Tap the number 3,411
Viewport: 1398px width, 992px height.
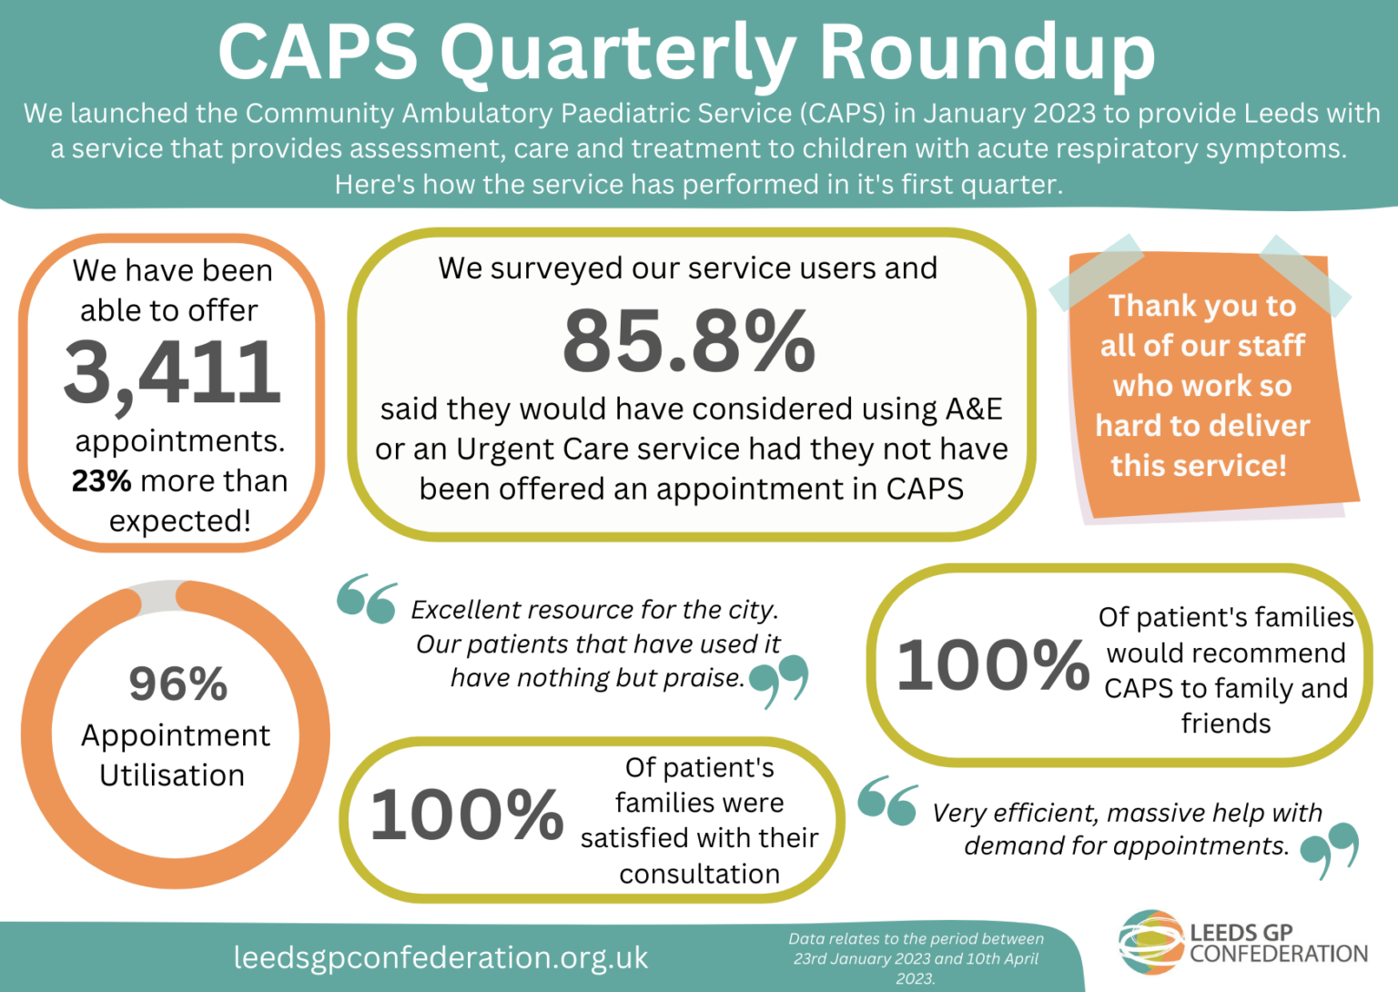click(x=172, y=372)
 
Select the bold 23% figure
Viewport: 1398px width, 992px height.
click(x=101, y=481)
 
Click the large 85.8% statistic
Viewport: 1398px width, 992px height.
click(x=689, y=340)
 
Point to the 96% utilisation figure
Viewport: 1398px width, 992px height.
click(x=177, y=683)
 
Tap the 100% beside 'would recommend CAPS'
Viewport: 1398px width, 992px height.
click(x=992, y=664)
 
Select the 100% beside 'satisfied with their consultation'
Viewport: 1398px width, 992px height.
click(x=466, y=814)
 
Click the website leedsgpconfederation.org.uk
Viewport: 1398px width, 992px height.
click(x=441, y=957)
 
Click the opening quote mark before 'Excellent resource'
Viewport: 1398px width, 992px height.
click(x=367, y=598)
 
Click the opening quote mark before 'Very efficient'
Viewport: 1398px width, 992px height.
click(x=887, y=800)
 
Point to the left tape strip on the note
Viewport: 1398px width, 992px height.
click(x=1096, y=272)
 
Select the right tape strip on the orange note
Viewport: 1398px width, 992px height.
click(x=1305, y=274)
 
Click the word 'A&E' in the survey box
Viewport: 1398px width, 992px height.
click(x=974, y=409)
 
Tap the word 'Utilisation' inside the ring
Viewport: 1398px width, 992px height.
click(x=172, y=775)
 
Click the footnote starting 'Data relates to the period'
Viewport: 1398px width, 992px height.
click(x=916, y=958)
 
